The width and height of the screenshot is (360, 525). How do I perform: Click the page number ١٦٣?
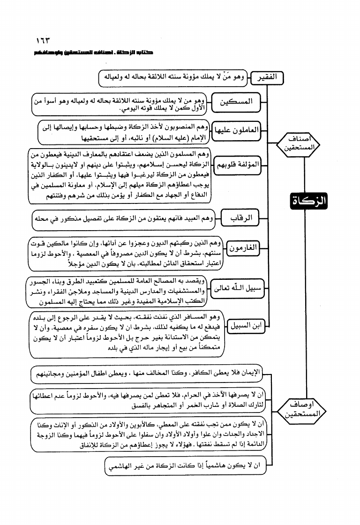43,40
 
